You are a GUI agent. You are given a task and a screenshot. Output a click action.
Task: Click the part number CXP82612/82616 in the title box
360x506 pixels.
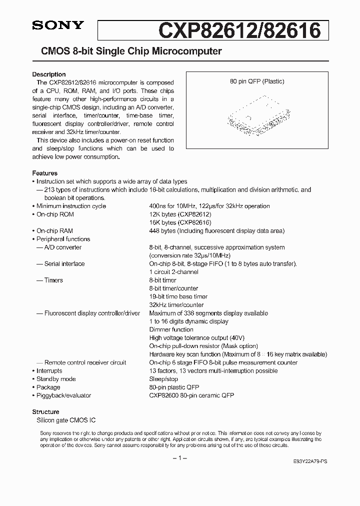click(239, 31)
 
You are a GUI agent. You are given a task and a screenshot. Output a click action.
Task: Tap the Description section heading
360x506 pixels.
click(49, 74)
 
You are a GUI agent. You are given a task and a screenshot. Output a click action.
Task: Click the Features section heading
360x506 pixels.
click(45, 173)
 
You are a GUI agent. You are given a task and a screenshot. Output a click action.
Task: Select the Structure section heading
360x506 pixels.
click(46, 412)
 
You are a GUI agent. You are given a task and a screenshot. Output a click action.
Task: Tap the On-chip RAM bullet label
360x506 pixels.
click(55, 231)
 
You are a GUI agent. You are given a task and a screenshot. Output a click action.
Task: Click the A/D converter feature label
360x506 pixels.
click(62, 247)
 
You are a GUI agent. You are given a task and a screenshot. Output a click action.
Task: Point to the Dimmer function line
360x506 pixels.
click(171, 330)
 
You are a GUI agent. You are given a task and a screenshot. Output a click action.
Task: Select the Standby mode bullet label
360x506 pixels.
click(56, 379)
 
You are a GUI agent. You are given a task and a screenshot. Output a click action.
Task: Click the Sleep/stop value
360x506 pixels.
click(163, 379)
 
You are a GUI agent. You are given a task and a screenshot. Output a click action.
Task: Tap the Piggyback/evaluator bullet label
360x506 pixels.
click(63, 395)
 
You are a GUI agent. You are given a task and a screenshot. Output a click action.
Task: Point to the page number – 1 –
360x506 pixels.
click(180, 458)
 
